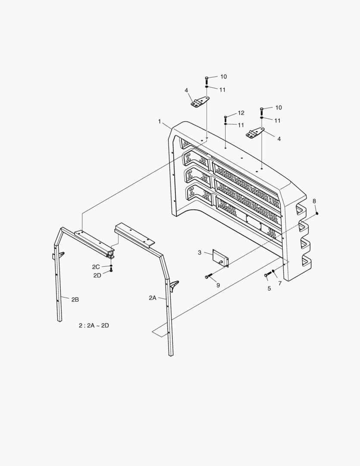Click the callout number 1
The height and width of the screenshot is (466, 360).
coord(159,122)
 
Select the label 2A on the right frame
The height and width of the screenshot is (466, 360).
coord(153,298)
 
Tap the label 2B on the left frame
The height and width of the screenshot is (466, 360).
coord(75,299)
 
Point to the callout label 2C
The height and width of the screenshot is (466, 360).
coord(96,267)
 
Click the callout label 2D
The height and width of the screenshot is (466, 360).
coord(97,275)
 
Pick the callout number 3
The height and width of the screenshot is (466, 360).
coord(200,252)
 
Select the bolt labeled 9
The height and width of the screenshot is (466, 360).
coord(210,276)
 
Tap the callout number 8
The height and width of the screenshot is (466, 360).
coord(314,201)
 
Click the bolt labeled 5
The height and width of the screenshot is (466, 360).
coord(267,274)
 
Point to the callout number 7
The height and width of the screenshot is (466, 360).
coord(280,283)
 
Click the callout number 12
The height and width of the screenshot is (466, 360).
coord(241,113)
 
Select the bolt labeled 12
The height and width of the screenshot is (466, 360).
coord(225,118)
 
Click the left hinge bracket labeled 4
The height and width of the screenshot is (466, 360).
coord(200,103)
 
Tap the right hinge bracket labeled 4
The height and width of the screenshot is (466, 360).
coord(255,134)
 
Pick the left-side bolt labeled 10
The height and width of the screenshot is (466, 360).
coord(207,79)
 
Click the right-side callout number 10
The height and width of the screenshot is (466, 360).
coord(278,107)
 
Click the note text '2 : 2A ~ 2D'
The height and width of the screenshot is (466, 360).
coord(94,326)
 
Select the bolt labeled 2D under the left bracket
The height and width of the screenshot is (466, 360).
coord(111,271)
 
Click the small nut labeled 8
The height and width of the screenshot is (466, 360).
coord(317,213)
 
